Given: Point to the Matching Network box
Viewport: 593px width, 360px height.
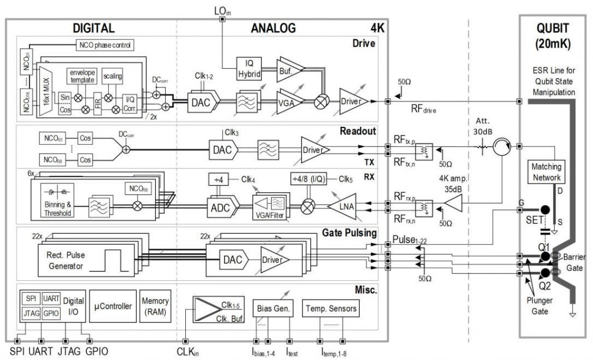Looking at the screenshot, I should pos(546,172).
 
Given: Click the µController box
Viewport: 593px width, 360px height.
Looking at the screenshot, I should pos(113,306).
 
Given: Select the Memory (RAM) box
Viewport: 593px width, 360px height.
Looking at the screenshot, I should pos(155,306).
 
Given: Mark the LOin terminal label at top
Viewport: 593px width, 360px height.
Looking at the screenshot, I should pos(223,10).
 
